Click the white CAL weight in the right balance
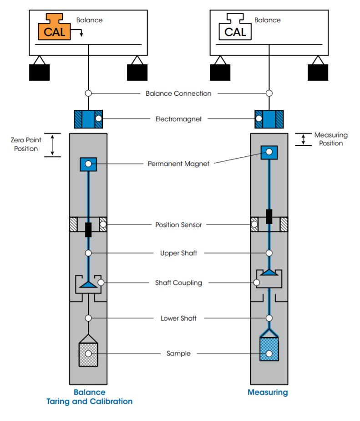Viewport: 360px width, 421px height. point(235,29)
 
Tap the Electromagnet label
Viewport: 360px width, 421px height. point(178,119)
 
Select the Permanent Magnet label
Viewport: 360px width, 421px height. point(178,163)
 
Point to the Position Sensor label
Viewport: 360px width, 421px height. point(178,225)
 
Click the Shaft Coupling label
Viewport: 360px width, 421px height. point(178,282)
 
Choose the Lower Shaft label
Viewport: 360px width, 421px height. point(178,318)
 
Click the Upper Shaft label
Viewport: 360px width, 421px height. point(178,253)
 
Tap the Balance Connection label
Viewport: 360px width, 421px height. point(178,93)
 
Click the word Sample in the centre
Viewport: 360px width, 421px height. point(178,353)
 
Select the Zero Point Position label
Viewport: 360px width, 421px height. point(26,144)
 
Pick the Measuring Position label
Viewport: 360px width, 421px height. point(331,139)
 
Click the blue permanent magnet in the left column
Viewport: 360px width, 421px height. point(88,164)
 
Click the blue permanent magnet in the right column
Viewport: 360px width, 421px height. point(269,152)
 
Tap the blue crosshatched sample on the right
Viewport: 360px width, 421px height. point(269,349)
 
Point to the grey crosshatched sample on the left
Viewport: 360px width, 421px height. point(88,353)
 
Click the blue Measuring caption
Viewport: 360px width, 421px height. point(268,392)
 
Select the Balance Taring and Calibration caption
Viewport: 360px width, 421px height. point(89,397)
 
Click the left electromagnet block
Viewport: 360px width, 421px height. point(88,119)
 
